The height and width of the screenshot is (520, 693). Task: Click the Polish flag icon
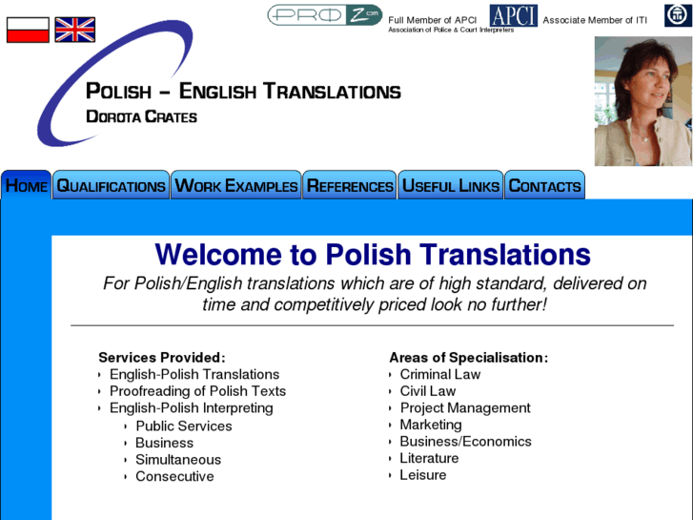click(28, 30)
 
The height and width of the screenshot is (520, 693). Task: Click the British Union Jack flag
click(74, 30)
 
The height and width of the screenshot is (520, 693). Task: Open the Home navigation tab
click(27, 186)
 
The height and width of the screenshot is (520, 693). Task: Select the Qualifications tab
click(111, 186)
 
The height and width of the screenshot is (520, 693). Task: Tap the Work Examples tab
click(236, 186)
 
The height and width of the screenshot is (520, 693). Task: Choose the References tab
click(350, 186)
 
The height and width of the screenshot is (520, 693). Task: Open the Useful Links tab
click(450, 186)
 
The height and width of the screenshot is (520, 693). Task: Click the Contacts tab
click(544, 186)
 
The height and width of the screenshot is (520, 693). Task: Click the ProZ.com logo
click(324, 15)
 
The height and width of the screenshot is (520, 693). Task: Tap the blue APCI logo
click(513, 16)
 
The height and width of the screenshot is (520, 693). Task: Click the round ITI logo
click(677, 16)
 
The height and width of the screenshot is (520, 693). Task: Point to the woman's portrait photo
click(642, 101)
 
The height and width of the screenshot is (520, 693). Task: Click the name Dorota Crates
click(141, 117)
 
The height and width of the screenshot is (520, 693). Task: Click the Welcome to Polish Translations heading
click(373, 255)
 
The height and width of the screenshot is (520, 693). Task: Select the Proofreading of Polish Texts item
click(197, 391)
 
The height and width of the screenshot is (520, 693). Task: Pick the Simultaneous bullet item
click(178, 460)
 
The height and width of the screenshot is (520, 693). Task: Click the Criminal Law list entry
click(439, 374)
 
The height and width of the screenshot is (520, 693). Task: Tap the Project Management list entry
click(464, 408)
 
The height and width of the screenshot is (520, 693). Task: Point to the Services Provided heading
click(162, 358)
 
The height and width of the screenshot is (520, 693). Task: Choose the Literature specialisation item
click(429, 458)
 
